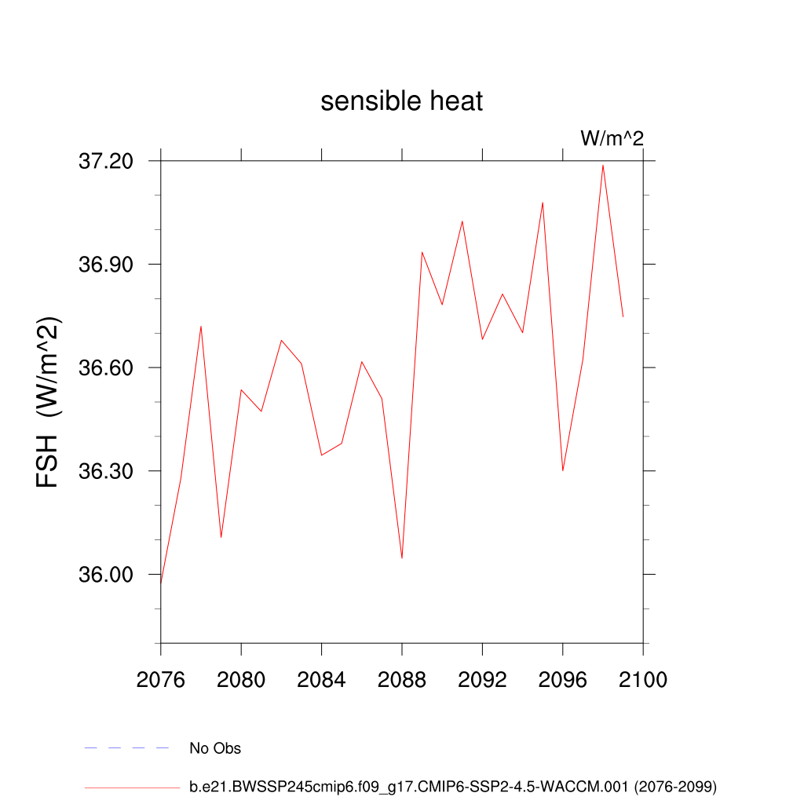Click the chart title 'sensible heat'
(x=401, y=101)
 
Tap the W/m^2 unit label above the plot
(x=612, y=138)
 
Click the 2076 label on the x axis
(x=161, y=680)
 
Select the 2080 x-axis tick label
(x=241, y=680)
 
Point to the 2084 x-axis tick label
(x=321, y=680)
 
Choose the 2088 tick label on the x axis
(x=402, y=680)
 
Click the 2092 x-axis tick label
(x=482, y=680)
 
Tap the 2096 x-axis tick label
(x=562, y=680)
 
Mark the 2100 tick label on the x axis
(x=642, y=680)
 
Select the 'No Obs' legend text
(x=215, y=748)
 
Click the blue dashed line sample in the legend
(x=127, y=748)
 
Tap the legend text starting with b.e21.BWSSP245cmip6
(x=453, y=786)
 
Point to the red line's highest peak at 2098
(x=603, y=165)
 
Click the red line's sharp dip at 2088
(x=402, y=557)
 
